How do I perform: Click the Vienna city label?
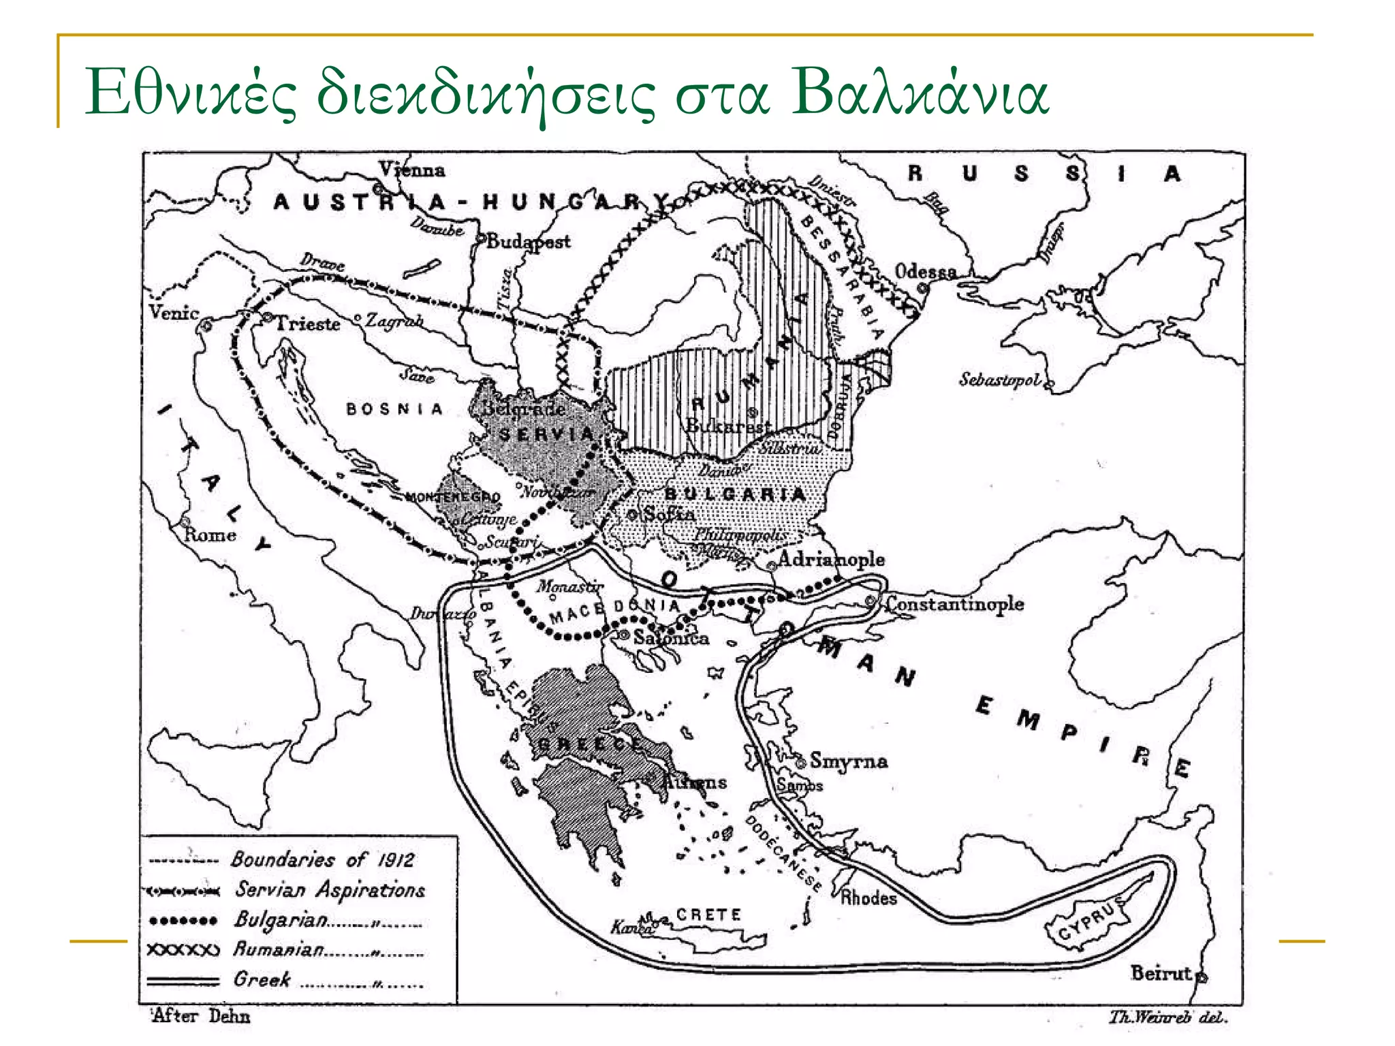(412, 170)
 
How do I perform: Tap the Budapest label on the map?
(529, 241)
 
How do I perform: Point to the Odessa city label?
(925, 272)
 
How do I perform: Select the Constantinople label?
(954, 603)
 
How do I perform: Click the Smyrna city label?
(848, 761)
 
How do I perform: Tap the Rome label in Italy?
(210, 535)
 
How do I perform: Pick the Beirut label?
(1161, 973)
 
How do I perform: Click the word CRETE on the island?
(708, 915)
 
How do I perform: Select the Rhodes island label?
(868, 898)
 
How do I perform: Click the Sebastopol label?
(1000, 379)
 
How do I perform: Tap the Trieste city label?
(308, 323)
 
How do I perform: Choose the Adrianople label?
(831, 560)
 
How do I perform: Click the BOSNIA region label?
(394, 409)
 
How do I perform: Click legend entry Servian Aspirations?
(330, 889)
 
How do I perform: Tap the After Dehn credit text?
(200, 1016)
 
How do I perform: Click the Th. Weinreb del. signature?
(1167, 1017)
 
